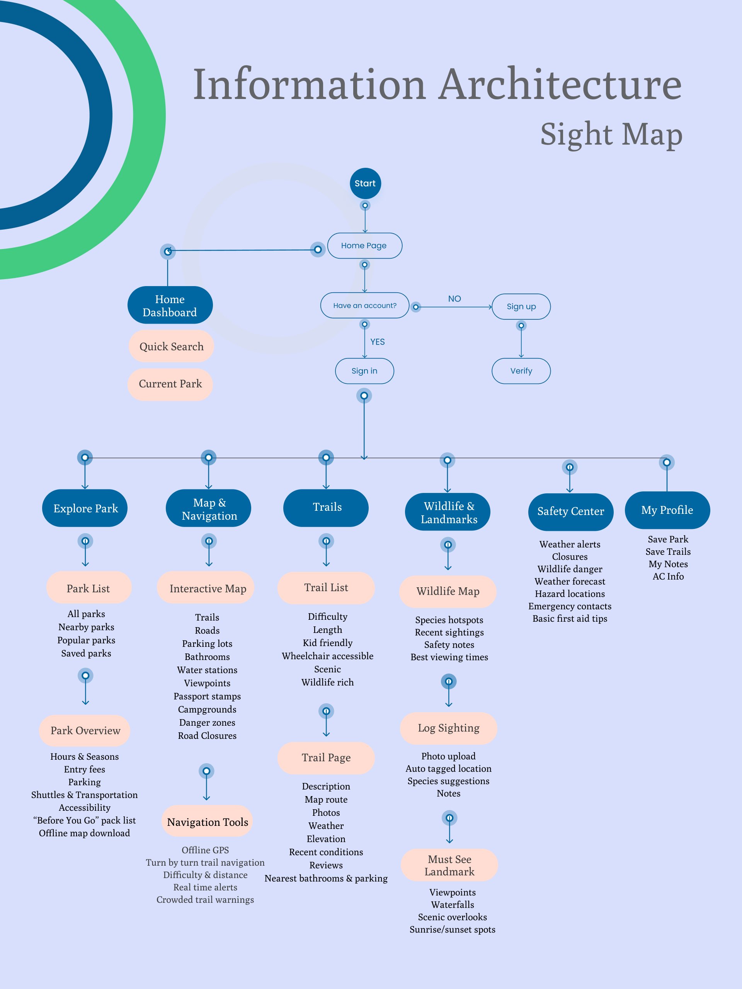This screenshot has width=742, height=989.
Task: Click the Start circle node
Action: point(365,183)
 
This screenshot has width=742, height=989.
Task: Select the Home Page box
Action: point(364,246)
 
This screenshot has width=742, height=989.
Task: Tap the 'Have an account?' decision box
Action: point(365,305)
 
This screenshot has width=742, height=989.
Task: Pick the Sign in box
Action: point(364,371)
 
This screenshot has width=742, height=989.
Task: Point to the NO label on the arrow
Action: point(454,298)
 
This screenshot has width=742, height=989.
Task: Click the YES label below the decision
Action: point(377,342)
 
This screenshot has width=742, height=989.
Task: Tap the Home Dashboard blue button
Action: point(170,305)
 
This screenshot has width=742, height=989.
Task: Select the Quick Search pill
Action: point(171,346)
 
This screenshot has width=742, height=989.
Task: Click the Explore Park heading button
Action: point(85,508)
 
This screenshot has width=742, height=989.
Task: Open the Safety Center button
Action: point(570,511)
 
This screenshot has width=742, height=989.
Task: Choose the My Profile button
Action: point(667,510)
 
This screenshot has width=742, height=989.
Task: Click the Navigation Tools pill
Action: point(208,822)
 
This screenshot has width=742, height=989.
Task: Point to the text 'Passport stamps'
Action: point(207,696)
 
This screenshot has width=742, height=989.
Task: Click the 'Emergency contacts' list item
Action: point(570,606)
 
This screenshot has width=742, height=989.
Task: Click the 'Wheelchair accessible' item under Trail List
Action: point(327,656)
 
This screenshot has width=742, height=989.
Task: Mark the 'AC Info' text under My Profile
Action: point(668,576)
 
